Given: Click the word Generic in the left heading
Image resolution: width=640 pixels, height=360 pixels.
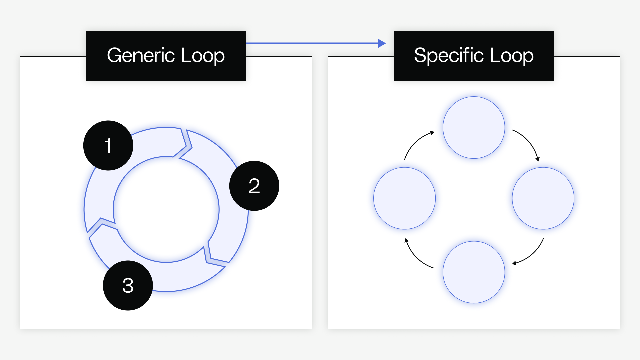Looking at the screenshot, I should coord(141,56).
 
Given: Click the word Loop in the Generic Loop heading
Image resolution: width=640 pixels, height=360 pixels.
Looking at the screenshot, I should coord(203,56).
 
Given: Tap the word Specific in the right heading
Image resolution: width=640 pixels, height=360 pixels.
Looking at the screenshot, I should coord(449,56).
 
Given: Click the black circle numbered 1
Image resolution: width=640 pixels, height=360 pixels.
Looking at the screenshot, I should coord(108,145).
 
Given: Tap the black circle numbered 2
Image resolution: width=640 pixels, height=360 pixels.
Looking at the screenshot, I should coord(254,186).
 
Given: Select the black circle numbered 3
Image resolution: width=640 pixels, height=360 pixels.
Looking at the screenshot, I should coord(128,285).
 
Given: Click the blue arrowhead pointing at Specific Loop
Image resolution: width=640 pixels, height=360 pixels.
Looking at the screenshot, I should coord(381,43).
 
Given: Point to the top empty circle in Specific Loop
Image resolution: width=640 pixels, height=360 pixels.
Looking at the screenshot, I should coord(474,127).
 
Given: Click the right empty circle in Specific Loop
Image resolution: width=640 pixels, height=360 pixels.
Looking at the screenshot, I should coord(543,198).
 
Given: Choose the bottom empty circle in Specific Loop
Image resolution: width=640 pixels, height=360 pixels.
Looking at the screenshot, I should coord(474,272).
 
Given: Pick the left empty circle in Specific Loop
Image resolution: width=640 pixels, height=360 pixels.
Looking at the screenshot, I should coord(404,198).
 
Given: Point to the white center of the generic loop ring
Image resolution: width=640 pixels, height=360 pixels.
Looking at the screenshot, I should coord(166,209).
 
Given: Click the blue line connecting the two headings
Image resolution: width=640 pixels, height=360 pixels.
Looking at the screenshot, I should coord(312,43).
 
